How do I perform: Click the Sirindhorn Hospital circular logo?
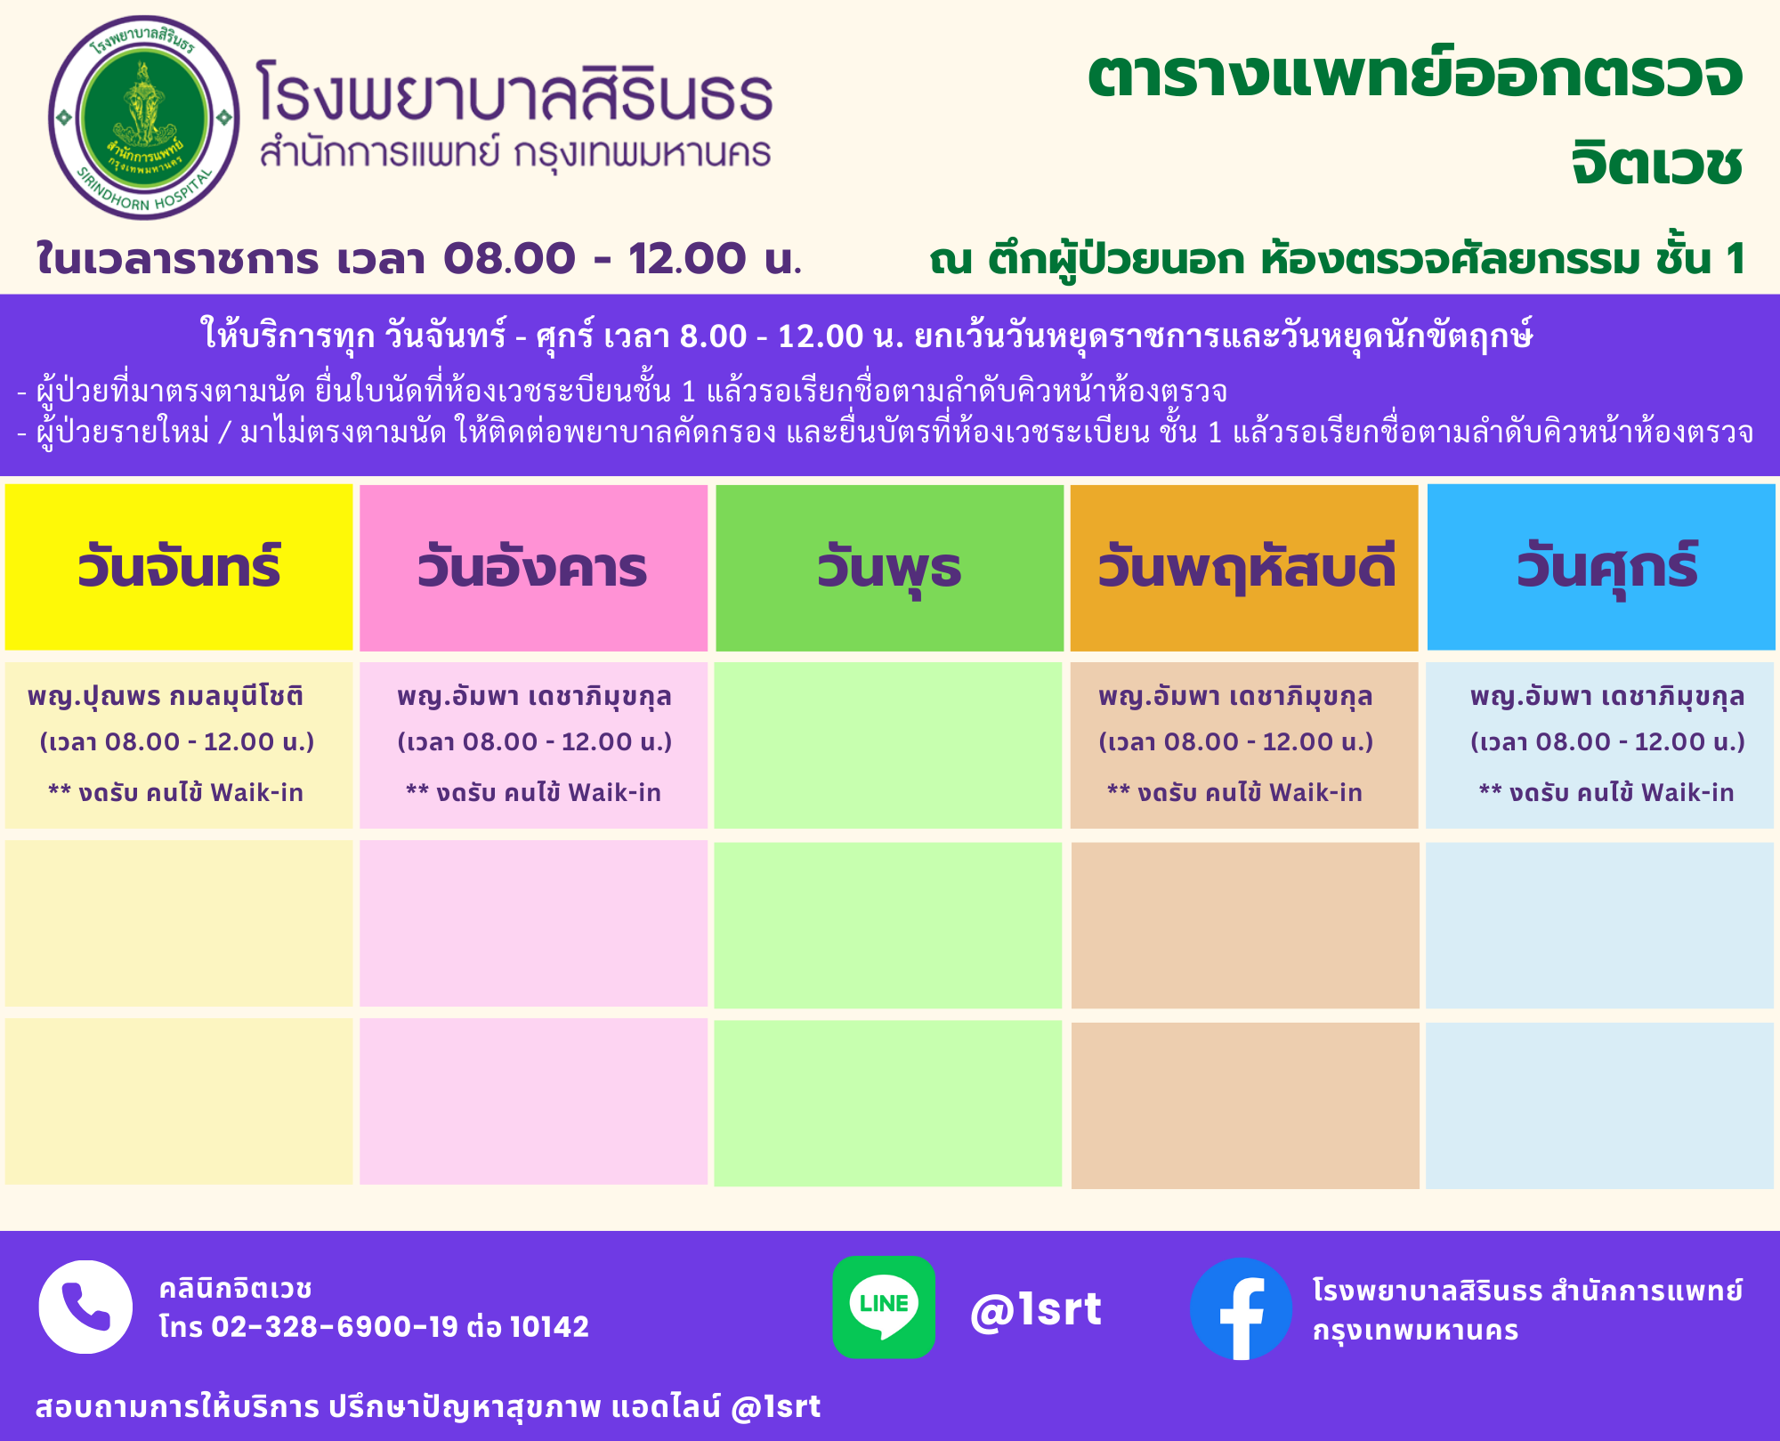click(144, 117)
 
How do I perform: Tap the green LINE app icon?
click(884, 1307)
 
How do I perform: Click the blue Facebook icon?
click(1241, 1308)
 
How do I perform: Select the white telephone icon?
click(85, 1307)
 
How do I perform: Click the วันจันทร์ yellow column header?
click(179, 567)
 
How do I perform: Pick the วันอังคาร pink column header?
click(533, 567)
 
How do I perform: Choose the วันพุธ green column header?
click(889, 567)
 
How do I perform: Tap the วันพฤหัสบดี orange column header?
click(1244, 567)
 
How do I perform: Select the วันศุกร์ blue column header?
click(1601, 567)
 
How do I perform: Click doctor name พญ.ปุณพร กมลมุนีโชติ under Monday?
click(166, 696)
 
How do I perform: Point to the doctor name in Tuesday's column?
click(534, 696)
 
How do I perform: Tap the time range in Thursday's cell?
click(1236, 741)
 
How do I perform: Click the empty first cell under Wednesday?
click(888, 745)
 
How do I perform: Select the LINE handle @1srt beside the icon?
click(1036, 1309)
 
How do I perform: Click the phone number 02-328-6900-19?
click(335, 1326)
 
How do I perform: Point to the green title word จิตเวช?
click(1656, 164)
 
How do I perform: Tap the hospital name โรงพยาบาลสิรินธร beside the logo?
click(514, 92)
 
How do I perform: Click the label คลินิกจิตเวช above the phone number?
click(236, 1288)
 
